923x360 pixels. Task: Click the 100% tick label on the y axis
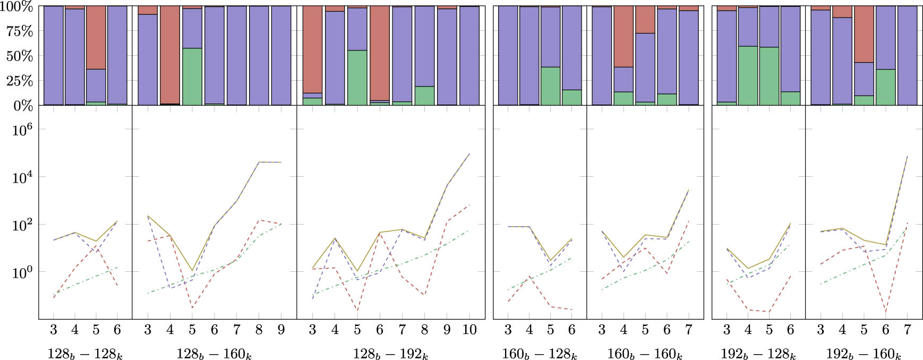click(18, 7)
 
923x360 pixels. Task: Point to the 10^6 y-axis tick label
click(22, 129)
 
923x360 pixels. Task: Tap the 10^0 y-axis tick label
click(22, 272)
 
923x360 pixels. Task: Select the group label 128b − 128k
click(85, 354)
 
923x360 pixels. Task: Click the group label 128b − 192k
click(390, 354)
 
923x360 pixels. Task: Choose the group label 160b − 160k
click(644, 354)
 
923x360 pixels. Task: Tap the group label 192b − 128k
click(758, 354)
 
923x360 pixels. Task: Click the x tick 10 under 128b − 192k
click(469, 330)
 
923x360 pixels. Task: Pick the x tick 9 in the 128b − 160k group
click(281, 330)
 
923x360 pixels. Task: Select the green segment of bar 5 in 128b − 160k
click(192, 76)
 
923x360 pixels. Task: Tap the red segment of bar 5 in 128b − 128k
click(96, 37)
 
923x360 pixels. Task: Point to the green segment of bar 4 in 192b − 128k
click(748, 75)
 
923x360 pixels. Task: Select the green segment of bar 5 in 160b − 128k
click(551, 85)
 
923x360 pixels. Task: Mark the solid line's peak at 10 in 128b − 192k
click(469, 154)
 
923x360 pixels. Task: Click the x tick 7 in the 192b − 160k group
click(907, 330)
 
